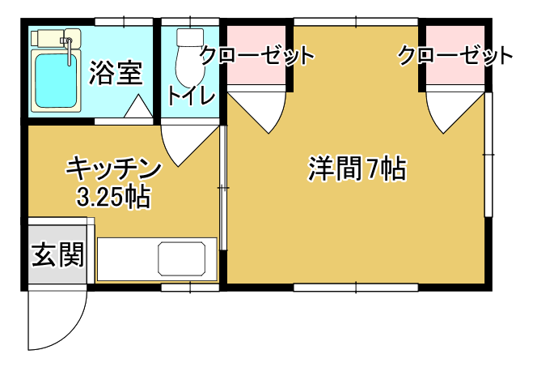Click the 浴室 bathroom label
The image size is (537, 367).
(x=116, y=73)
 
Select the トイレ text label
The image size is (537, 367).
(x=191, y=96)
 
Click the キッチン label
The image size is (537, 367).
(x=113, y=169)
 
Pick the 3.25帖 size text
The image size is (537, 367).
(x=113, y=197)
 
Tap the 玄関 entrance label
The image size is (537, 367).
(x=58, y=254)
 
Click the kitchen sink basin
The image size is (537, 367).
(x=182, y=258)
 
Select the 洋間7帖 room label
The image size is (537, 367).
(x=357, y=169)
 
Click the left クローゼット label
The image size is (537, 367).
(x=257, y=55)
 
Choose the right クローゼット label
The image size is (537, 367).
(x=455, y=55)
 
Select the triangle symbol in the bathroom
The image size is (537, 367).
(x=138, y=107)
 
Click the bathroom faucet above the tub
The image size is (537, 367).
(x=69, y=48)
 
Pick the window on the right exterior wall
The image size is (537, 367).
(x=488, y=155)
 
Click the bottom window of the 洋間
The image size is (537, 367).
(x=356, y=287)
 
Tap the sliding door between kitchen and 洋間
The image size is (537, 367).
(x=223, y=188)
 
